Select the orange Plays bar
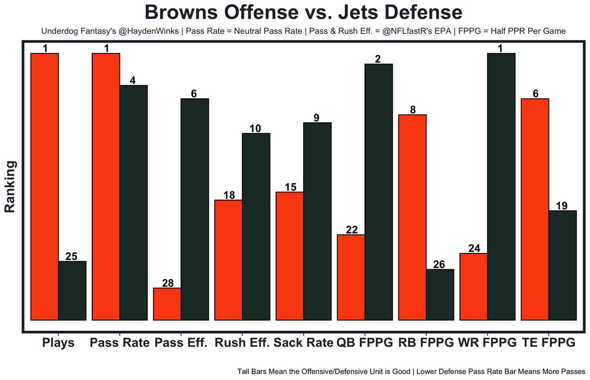tap(44, 186)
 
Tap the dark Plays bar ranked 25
tap(72, 290)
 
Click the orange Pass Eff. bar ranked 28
tap(167, 304)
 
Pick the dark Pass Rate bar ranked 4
tap(134, 202)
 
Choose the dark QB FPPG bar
tap(378, 191)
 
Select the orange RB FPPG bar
tap(412, 217)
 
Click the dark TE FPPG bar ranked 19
tap(562, 265)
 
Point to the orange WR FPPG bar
tap(473, 286)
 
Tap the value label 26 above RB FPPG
tap(440, 265)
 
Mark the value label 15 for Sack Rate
tap(289, 187)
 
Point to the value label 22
tap(351, 230)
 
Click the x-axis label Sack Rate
tap(303, 343)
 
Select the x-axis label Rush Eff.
tap(242, 343)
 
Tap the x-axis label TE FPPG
tap(549, 343)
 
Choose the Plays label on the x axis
tap(58, 343)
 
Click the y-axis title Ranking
tap(10, 186)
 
